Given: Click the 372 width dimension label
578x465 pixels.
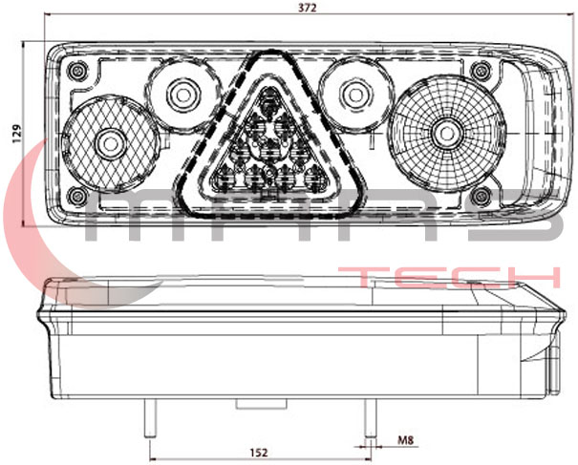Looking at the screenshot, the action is tap(308, 8).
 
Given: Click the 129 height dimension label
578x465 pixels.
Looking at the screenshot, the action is tap(16, 134).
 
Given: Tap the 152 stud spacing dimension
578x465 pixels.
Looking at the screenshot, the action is tap(259, 452).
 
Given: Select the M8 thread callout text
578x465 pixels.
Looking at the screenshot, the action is tap(405, 440).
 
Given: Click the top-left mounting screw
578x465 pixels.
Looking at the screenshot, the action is tap(77, 71).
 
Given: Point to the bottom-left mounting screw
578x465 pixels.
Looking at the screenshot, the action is tap(77, 196).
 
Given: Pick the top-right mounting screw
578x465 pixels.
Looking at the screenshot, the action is tap(482, 71).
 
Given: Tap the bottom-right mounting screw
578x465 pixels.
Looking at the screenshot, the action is tap(482, 196).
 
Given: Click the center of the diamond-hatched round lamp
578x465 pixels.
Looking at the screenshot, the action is tap(110, 143).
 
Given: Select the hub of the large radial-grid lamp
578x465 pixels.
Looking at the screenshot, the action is tap(447, 134).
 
